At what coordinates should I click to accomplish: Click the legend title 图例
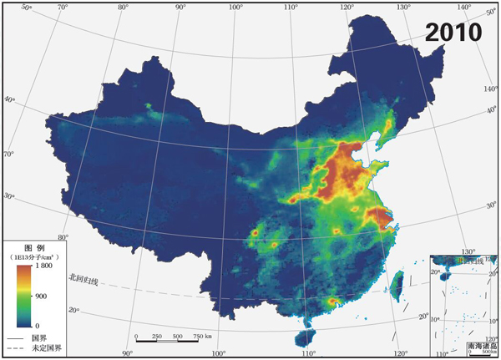pyautogui.click(x=33, y=248)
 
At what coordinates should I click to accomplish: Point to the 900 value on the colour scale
pyautogui.click(x=41, y=296)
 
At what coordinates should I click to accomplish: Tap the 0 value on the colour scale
pyautogui.click(x=37, y=324)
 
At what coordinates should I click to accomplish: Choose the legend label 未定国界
pyautogui.click(x=46, y=347)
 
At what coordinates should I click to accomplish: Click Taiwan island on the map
pyautogui.click(x=397, y=281)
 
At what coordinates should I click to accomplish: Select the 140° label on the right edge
pyautogui.click(x=491, y=88)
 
